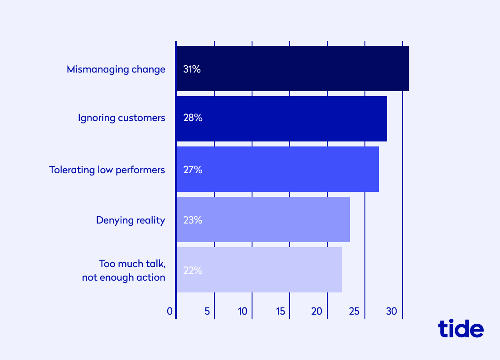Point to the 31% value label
(x=192, y=70)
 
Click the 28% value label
(x=192, y=118)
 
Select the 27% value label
(x=192, y=170)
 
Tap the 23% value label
(x=192, y=220)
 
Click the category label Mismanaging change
(x=116, y=70)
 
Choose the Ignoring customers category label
(x=121, y=118)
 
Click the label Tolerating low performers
(x=107, y=170)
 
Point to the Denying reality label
(x=131, y=220)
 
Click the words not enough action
(x=123, y=277)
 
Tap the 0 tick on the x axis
(x=170, y=311)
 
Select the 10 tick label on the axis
(x=243, y=311)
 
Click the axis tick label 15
(x=280, y=311)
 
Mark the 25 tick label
(x=354, y=311)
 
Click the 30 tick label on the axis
(x=392, y=311)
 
